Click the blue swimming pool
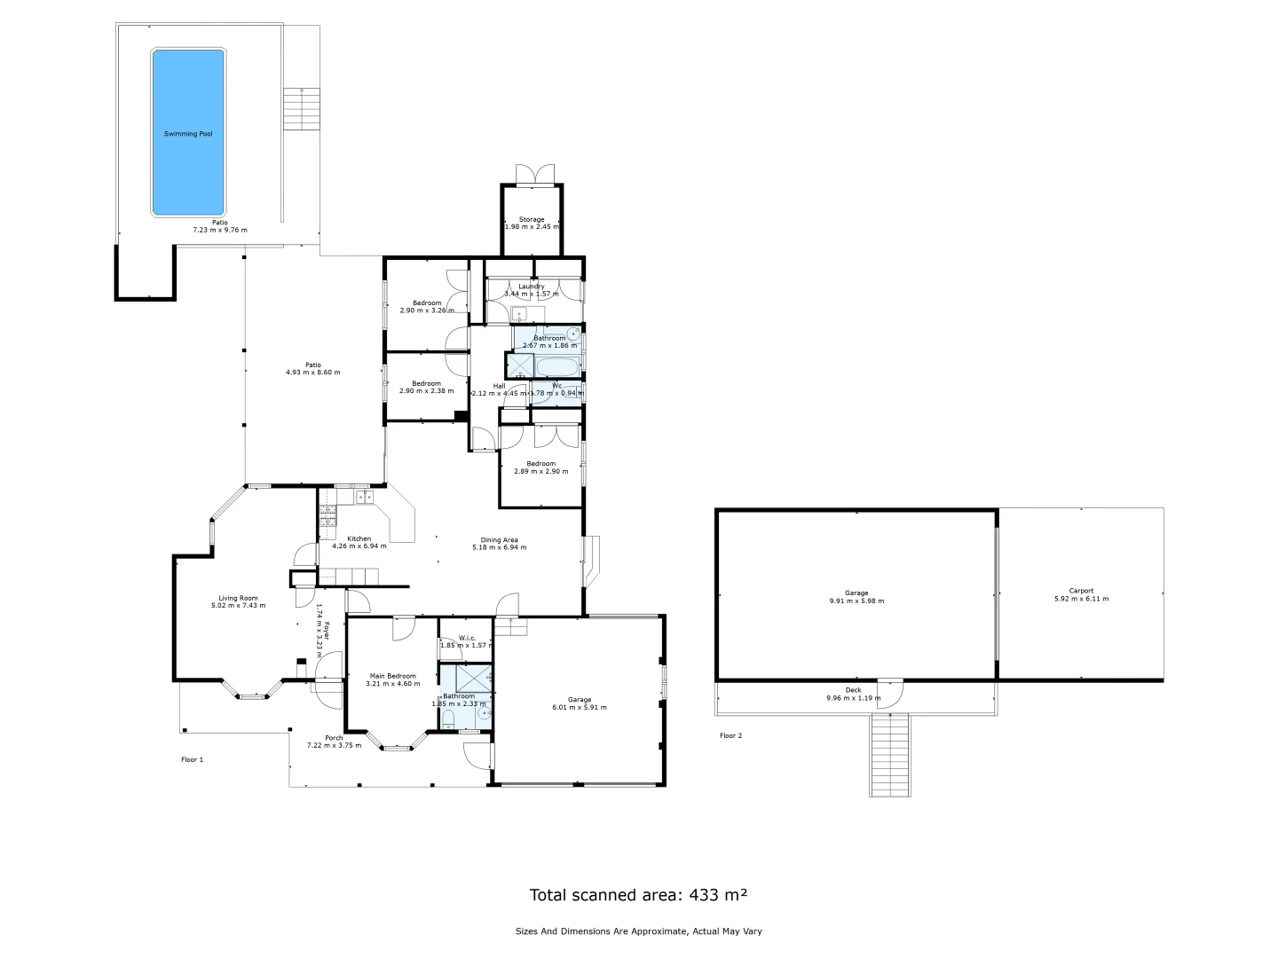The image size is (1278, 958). click(x=187, y=133)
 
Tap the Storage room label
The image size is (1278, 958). click(x=532, y=219)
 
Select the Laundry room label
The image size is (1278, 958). click(x=532, y=287)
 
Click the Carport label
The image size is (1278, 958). click(x=1080, y=591)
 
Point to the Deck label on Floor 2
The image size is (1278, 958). click(x=853, y=690)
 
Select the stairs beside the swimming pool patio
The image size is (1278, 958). click(x=301, y=109)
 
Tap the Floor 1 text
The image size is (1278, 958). click(x=192, y=759)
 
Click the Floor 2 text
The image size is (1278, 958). click(x=730, y=735)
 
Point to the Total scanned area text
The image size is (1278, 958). click(x=638, y=895)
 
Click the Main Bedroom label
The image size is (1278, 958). click(x=392, y=676)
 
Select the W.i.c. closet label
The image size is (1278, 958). click(x=465, y=638)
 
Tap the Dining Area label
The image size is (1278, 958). click(x=499, y=539)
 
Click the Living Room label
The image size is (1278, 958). click(x=238, y=598)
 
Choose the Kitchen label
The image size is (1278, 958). click(x=359, y=538)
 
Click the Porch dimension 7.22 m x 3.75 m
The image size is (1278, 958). click(x=334, y=745)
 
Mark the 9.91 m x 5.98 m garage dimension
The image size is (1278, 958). click(x=856, y=601)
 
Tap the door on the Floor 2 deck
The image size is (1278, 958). click(x=890, y=692)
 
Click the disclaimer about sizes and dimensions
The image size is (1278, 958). click(x=638, y=931)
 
